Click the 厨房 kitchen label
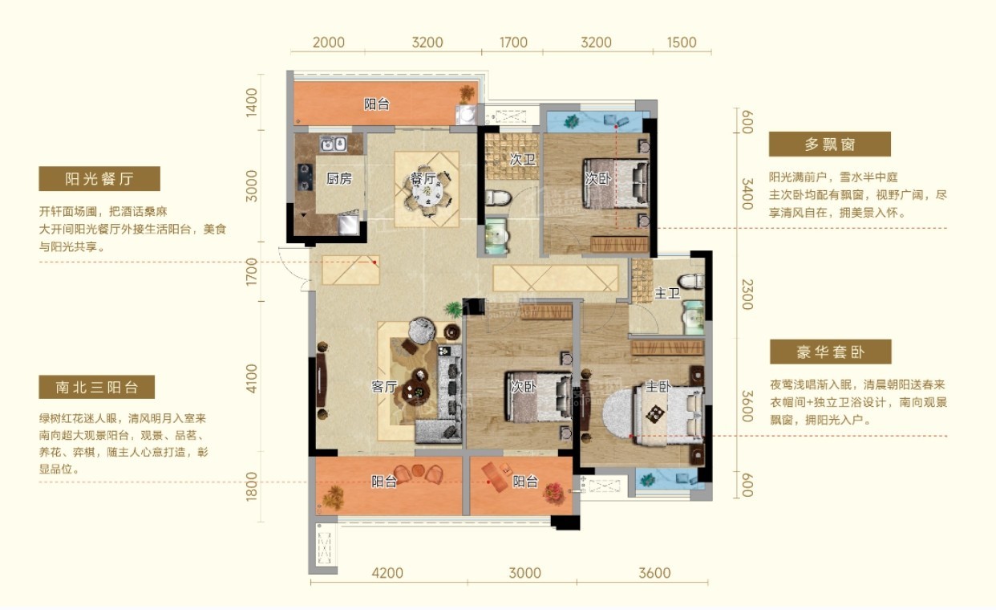click(339, 179)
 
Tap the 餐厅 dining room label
click(423, 178)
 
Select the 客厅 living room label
click(384, 386)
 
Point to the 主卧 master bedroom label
click(658, 386)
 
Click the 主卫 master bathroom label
click(667, 293)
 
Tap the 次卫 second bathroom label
click(522, 159)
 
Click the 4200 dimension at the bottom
click(387, 573)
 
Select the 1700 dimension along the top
click(513, 43)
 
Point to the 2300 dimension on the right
click(747, 294)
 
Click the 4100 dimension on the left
click(251, 379)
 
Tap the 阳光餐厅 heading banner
click(99, 179)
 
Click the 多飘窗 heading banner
click(830, 144)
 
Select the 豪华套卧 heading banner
click(831, 352)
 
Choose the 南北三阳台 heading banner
click(97, 387)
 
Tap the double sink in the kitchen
click(334, 144)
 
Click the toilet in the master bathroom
click(691, 281)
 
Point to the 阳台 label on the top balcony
click(377, 104)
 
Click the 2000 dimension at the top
click(329, 43)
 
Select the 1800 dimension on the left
click(251, 486)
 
